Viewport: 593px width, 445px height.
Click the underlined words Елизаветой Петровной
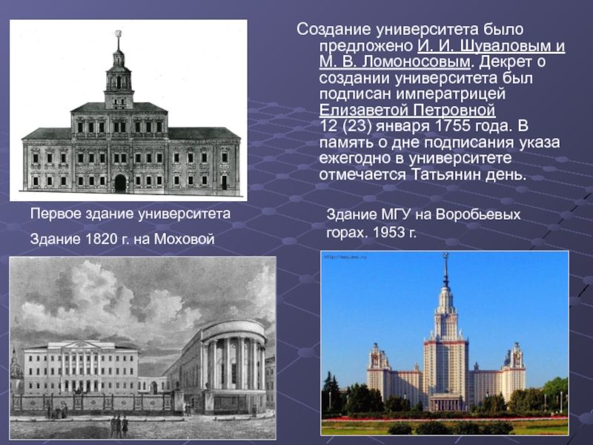[x=407, y=110]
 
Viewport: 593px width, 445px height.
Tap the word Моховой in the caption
[x=184, y=239]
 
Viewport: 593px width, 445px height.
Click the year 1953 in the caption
[x=388, y=232]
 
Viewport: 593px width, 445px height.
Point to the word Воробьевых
[x=478, y=214]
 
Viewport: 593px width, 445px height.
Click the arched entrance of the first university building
[x=120, y=182]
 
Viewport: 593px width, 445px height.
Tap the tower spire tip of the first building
[x=119, y=31]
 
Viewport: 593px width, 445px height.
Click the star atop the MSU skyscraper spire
[x=446, y=255]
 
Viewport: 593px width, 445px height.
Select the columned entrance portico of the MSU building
[x=447, y=402]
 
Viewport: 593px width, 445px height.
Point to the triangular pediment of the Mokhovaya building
[x=81, y=345]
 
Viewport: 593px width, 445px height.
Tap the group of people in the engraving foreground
[x=119, y=426]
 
